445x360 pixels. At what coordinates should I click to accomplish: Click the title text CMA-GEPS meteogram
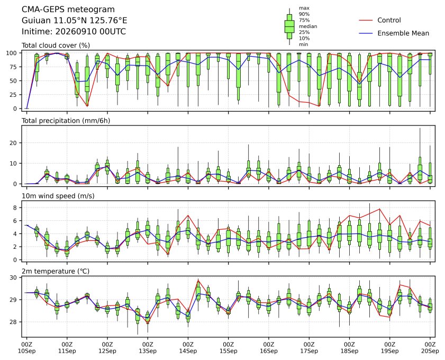(68, 10)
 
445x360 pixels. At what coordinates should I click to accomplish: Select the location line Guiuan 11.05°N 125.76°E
(75, 21)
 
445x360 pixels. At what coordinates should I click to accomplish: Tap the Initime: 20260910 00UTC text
(74, 32)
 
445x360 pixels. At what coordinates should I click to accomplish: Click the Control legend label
(389, 20)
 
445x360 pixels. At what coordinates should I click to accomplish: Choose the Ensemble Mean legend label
(403, 33)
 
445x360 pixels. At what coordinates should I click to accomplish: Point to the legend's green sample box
(289, 26)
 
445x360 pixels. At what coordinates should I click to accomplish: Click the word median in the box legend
(308, 26)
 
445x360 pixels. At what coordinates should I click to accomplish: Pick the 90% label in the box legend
(304, 14)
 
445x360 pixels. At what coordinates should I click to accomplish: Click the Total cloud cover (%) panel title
(56, 46)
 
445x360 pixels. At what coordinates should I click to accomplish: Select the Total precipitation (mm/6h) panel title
(66, 121)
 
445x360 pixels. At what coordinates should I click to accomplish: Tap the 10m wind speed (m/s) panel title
(58, 196)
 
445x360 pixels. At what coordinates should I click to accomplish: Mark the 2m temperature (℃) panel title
(56, 271)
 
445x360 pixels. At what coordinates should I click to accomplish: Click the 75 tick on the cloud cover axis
(13, 67)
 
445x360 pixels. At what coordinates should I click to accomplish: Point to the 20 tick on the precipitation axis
(13, 143)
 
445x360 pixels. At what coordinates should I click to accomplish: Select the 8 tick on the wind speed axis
(15, 208)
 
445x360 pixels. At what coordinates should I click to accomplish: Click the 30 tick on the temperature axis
(13, 277)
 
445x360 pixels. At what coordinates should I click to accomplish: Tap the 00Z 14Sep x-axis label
(188, 348)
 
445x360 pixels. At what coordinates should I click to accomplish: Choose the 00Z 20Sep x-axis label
(430, 348)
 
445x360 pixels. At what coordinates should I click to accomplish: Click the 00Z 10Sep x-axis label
(26, 348)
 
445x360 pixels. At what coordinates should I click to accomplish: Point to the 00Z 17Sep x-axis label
(309, 348)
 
